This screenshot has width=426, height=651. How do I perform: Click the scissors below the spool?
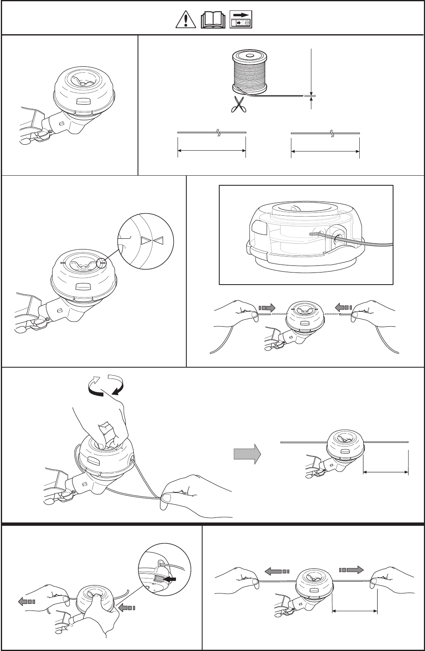(238, 104)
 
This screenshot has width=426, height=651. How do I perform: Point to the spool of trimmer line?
(249, 71)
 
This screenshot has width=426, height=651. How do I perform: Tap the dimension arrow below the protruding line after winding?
(386, 472)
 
